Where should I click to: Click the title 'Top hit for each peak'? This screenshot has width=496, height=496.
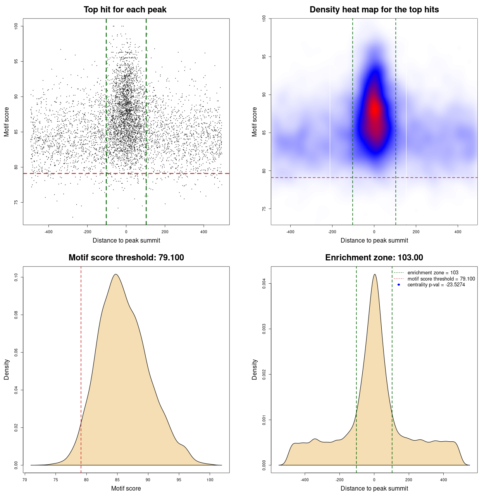point(125,10)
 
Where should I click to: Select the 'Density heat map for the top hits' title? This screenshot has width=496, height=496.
point(374,10)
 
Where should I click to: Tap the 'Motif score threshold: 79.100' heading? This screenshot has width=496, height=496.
point(126,258)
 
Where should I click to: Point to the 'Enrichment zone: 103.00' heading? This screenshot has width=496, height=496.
point(374,258)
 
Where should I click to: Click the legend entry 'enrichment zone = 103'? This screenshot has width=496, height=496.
point(433,273)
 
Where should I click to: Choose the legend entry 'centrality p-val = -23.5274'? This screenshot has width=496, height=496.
point(436,285)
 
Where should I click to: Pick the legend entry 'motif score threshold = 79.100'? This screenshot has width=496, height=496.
point(441,279)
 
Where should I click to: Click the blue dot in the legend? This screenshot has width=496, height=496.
point(399,285)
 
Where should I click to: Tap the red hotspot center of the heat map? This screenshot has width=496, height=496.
point(374,110)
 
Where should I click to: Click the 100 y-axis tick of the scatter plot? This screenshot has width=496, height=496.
point(16,26)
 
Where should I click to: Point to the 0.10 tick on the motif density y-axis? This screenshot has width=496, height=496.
point(16,277)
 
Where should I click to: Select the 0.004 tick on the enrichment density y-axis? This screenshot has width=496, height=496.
point(264,284)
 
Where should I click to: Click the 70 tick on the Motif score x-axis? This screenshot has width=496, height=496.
point(25,480)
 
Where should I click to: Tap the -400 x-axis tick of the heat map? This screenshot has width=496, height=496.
point(290,232)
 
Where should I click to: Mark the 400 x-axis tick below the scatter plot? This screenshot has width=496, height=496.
point(203,232)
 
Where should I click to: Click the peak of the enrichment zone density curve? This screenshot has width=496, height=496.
point(374,274)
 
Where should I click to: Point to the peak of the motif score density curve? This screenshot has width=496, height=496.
point(115,274)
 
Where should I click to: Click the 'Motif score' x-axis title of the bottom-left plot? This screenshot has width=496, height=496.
point(126,488)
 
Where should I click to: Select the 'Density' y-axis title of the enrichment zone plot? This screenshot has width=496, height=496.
point(255,369)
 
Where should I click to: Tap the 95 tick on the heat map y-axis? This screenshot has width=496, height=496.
point(264,57)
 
